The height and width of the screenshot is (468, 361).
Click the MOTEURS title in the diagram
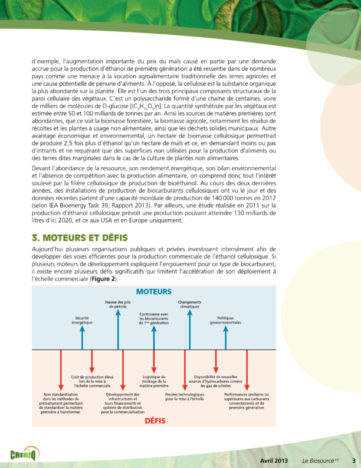[154, 291]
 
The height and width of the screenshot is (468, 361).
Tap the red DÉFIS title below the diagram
[155, 421]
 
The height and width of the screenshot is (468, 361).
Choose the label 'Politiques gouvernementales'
[225, 321]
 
